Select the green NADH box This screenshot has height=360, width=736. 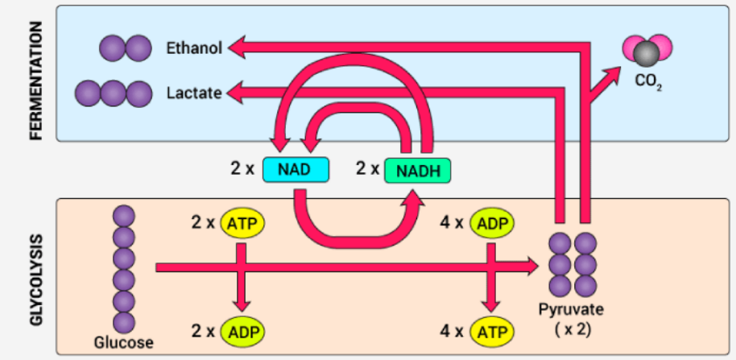point(417,170)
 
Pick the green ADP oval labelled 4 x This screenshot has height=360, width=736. point(493,222)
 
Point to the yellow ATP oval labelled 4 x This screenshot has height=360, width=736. point(493,330)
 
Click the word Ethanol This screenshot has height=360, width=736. point(194,48)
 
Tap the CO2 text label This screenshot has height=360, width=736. point(647,82)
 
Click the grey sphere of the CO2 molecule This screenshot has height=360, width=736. point(647,54)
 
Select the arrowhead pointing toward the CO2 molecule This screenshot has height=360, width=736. point(614,71)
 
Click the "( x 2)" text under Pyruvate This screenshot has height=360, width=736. point(574,329)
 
